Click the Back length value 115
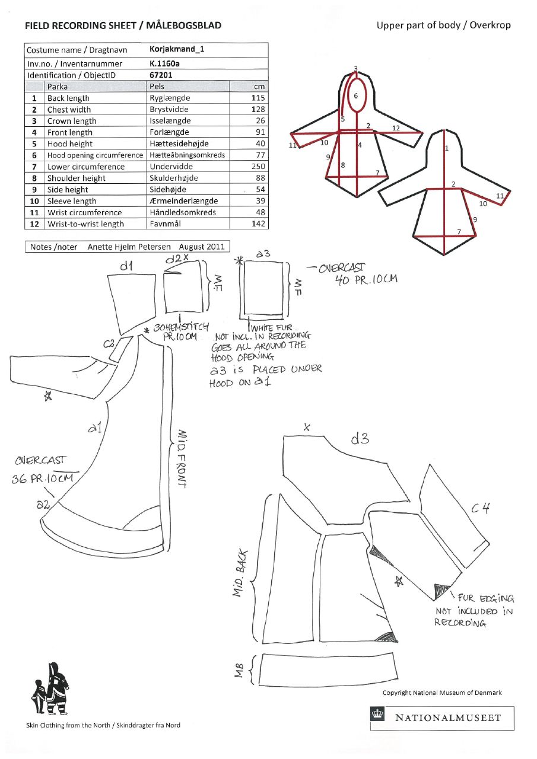pos(258,98)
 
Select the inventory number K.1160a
pos(164,63)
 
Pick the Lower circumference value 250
pos(258,167)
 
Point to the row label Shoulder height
pos(77,178)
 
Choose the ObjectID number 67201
pos(161,75)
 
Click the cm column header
pos(259,87)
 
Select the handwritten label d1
pos(126,267)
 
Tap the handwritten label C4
pos(481,508)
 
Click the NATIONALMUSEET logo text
pos(448,717)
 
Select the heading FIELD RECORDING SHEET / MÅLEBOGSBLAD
pos(123,25)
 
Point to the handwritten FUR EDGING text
pos(485,598)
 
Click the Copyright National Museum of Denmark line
pos(442,693)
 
